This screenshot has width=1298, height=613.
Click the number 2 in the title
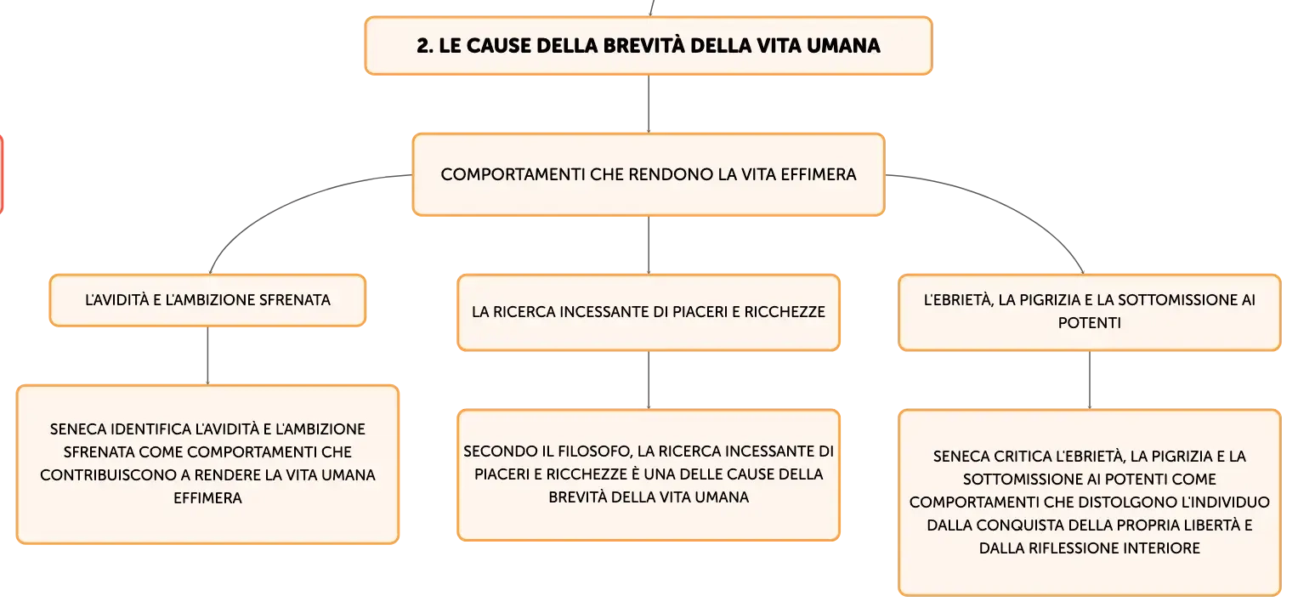[423, 46]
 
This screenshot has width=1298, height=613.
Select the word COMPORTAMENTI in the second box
[513, 174]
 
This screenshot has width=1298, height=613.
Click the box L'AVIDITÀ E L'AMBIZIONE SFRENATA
[207, 300]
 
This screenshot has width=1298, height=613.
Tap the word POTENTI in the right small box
[1090, 323]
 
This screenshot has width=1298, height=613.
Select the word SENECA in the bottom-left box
[77, 429]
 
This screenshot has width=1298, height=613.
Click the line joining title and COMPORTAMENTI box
[649, 105]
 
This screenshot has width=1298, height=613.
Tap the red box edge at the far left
[2, 174]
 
